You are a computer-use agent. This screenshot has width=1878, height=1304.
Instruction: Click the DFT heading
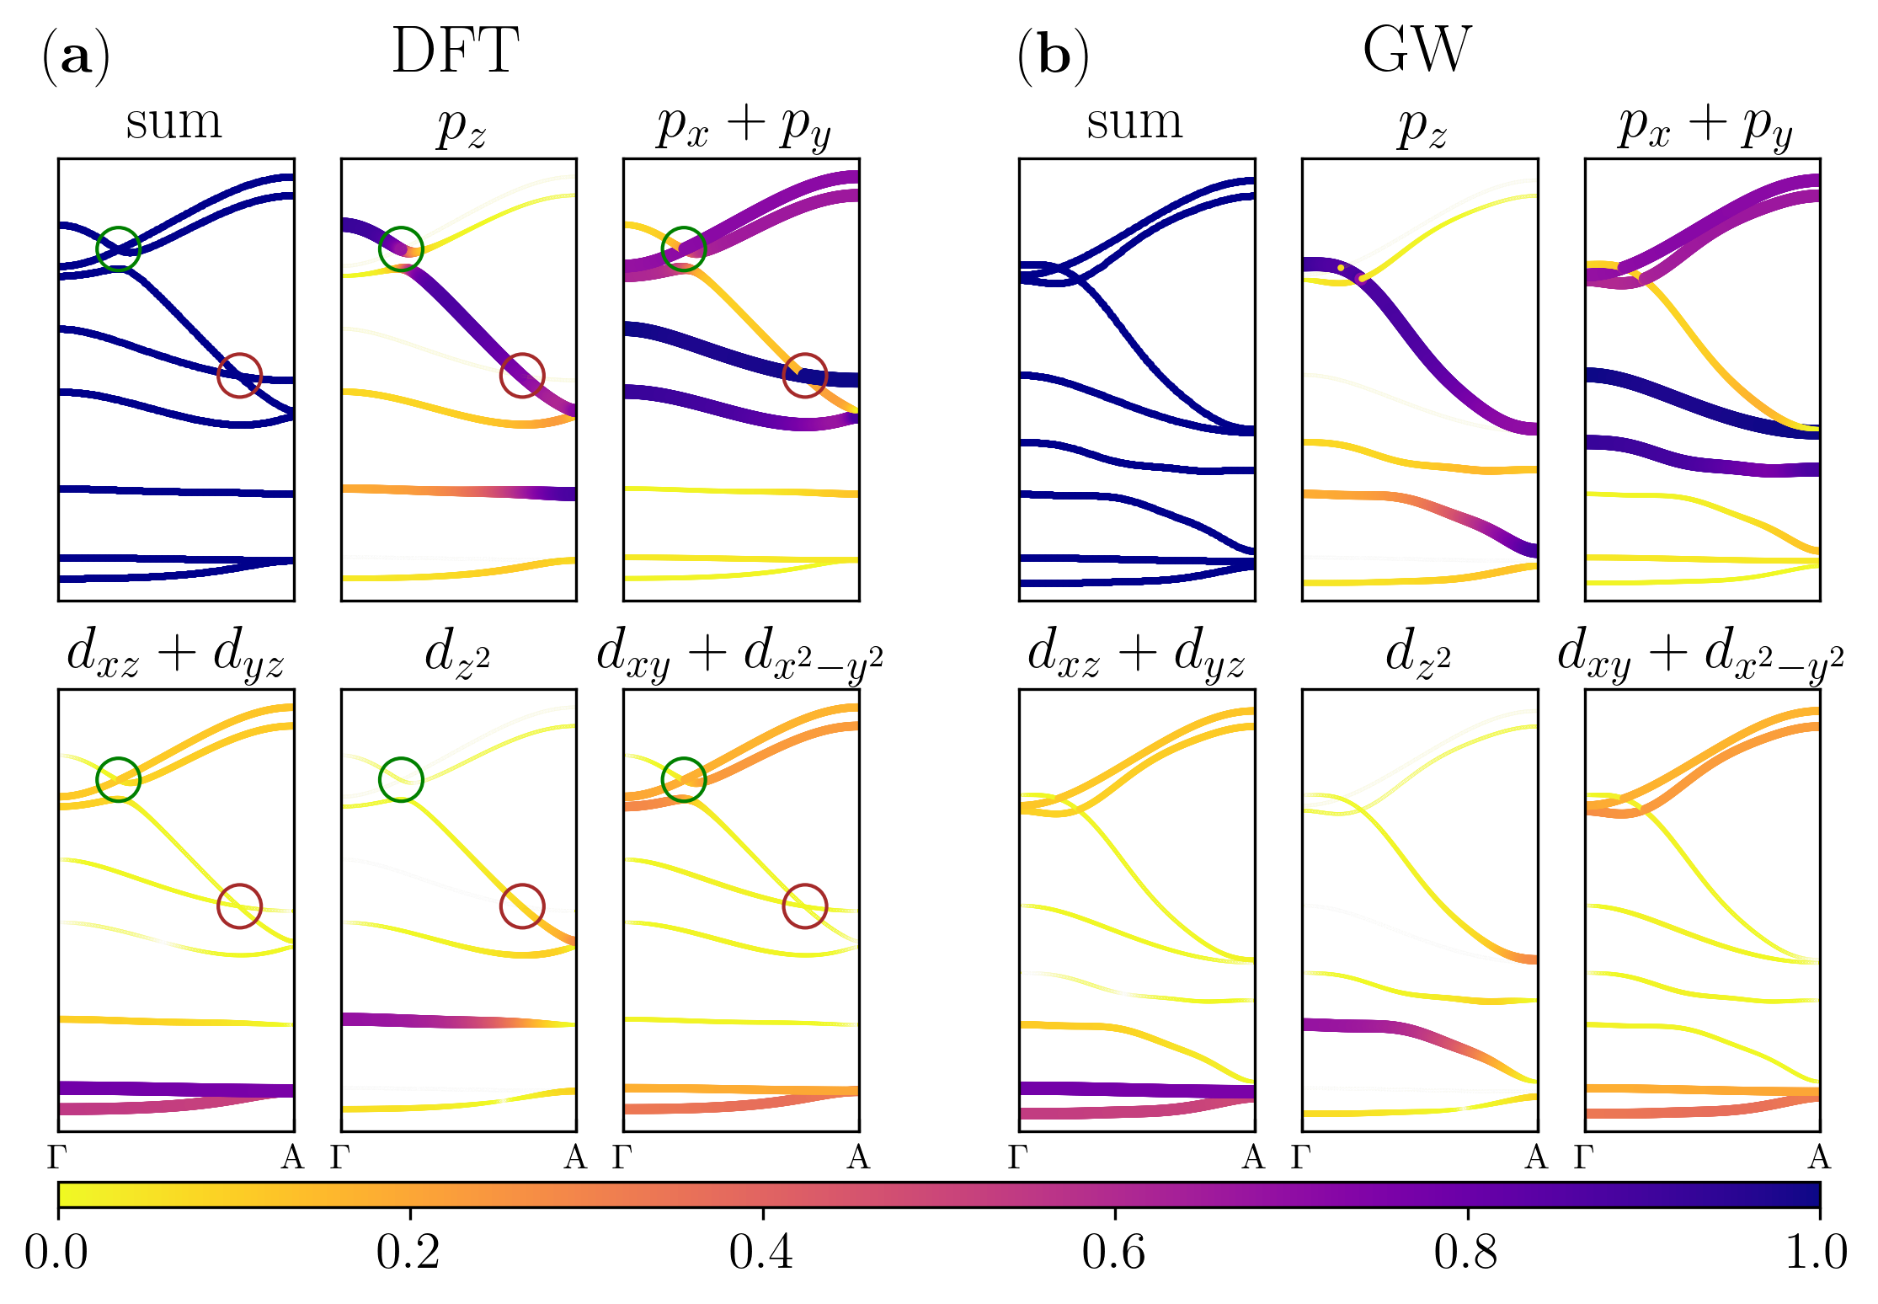pos(456,52)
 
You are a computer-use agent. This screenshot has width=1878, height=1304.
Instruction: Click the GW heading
pos(1417,52)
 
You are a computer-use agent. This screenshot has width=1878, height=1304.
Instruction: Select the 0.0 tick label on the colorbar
pos(56,1252)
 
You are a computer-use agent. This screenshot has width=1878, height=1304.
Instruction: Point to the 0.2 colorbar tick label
pos(408,1252)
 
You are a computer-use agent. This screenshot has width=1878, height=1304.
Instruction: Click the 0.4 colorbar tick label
pos(761,1252)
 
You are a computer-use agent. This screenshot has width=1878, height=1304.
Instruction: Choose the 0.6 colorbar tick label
pos(1114,1252)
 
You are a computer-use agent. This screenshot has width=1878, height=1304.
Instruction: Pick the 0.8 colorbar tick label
pos(1466,1252)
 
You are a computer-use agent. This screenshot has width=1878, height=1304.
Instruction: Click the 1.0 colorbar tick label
pos(1817,1252)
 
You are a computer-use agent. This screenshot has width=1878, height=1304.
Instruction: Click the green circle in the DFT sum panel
pos(118,249)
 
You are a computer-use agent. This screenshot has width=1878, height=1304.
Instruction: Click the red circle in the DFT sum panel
pos(240,375)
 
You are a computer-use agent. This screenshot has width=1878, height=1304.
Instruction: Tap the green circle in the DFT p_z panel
pos(401,249)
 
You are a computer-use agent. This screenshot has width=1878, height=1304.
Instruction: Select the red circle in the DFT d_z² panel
pos(522,906)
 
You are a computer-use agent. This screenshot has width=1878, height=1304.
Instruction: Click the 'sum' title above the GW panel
pos(1134,123)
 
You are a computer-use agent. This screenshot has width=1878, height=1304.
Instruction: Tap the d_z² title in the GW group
pos(1419,653)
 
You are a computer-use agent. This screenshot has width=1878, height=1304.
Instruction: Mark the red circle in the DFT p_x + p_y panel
pos(805,375)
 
